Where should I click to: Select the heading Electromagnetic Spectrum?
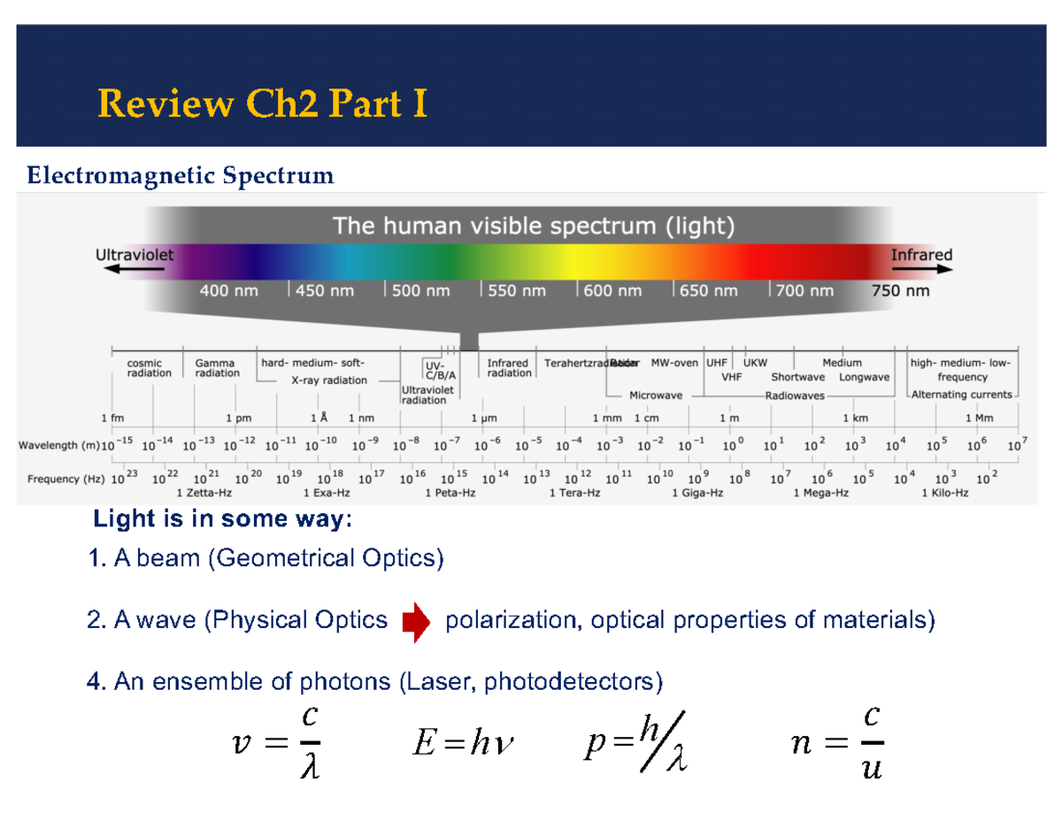[x=181, y=177]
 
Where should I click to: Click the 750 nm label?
[x=901, y=290]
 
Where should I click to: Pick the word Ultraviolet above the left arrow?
[x=135, y=254]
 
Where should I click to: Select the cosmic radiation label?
[x=145, y=368]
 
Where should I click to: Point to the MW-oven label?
[x=674, y=362]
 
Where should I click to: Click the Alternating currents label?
[x=963, y=395]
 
